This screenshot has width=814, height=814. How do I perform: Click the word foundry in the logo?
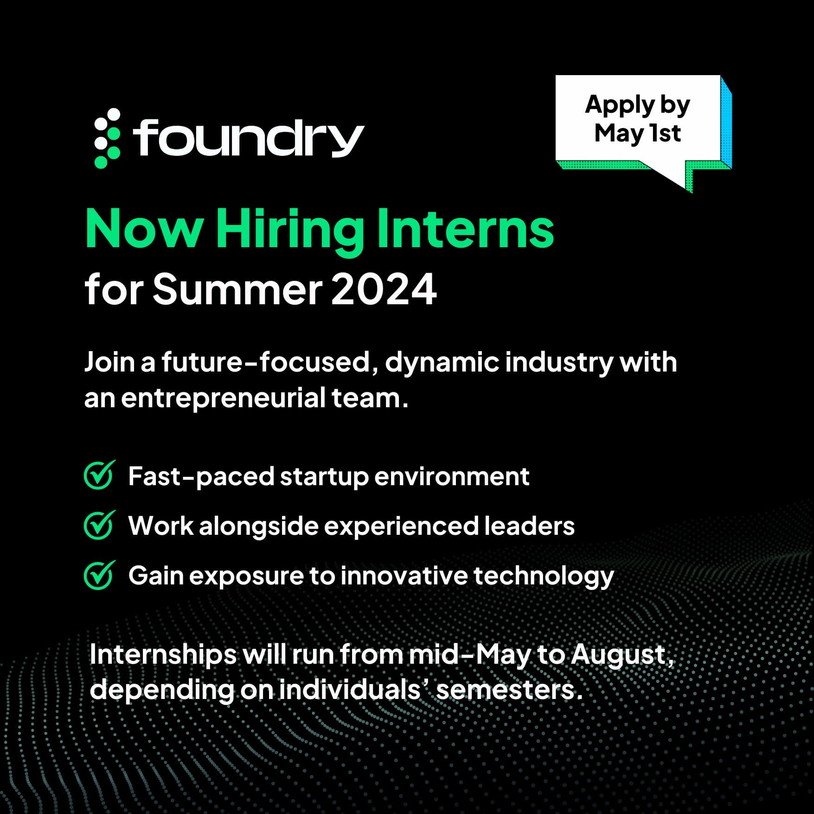[x=248, y=139]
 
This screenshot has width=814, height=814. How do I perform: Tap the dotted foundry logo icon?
[x=107, y=138]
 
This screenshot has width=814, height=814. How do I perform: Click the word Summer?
[x=237, y=289]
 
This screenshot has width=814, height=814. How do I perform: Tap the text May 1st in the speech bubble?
[x=637, y=134]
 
